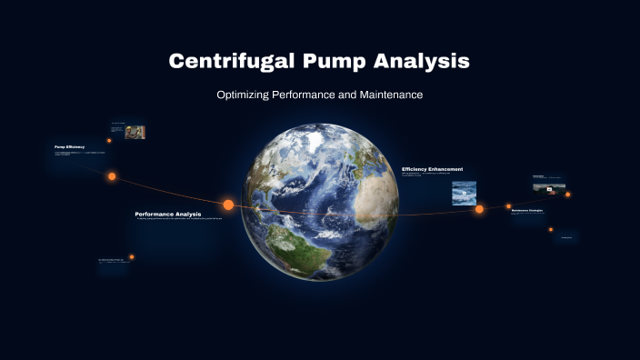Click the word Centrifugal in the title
229,62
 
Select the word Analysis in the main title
428,62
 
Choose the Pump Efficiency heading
70,146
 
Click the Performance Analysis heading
167,214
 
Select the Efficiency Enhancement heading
433,169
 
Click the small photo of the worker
135,132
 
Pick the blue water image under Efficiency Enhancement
465,193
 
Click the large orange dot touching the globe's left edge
228,205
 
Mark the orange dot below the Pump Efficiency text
112,176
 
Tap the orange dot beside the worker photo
109,140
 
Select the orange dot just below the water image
479,209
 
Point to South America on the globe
286,241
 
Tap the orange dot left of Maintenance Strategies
508,206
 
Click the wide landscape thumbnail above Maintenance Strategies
549,188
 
